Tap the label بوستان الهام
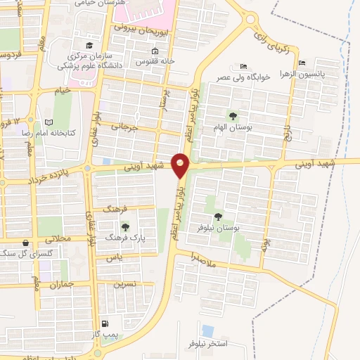(233, 128)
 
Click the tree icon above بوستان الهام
(233, 116)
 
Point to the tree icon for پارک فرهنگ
(125, 226)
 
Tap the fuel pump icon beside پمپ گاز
(105, 324)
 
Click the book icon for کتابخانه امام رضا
(49, 122)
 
